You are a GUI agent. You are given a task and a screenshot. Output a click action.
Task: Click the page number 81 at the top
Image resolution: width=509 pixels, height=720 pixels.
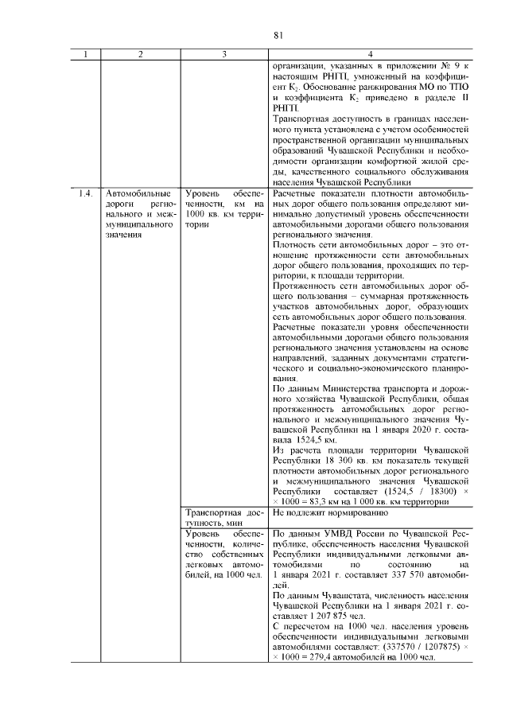[278, 34]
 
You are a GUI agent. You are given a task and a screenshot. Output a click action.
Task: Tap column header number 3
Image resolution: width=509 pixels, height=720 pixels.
[225, 54]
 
